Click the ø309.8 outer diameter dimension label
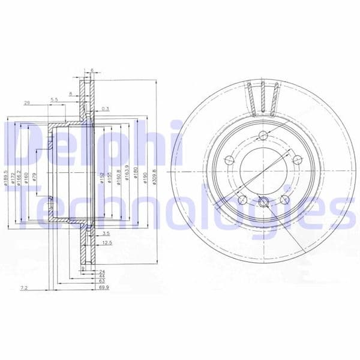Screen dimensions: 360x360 (x=155, y=175)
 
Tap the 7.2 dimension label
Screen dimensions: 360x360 (x=24, y=289)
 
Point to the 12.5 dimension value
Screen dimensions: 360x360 (x=107, y=242)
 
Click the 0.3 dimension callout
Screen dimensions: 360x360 (x=106, y=108)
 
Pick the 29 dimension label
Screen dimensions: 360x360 (x=27, y=103)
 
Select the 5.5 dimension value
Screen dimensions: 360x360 (x=55, y=100)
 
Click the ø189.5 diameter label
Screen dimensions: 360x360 (x=5, y=177)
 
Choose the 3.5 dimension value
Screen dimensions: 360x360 (x=106, y=232)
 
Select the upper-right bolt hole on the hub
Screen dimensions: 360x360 (x=296, y=159)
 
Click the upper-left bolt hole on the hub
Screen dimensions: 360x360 (x=229, y=160)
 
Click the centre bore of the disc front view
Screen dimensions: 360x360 (x=263, y=170)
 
